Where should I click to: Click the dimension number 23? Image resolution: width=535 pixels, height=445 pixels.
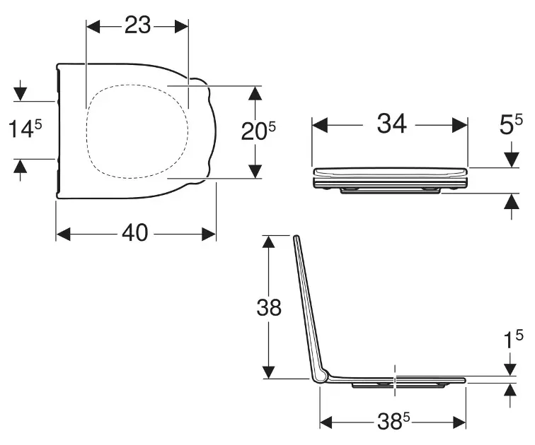(137, 25)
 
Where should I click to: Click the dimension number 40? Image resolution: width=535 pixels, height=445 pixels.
(135, 233)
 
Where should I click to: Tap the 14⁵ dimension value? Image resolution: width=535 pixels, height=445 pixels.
(25, 129)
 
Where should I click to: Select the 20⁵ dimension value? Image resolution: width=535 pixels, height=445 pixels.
(258, 131)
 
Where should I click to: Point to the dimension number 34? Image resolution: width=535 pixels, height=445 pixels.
(392, 123)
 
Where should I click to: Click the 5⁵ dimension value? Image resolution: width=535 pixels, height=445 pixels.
(511, 124)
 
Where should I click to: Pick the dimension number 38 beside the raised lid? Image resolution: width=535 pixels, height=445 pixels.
(269, 307)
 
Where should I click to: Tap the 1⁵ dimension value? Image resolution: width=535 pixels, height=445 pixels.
(514, 340)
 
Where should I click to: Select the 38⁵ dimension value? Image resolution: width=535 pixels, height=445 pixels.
(393, 422)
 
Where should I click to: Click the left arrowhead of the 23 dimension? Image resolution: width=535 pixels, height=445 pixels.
(93, 27)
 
